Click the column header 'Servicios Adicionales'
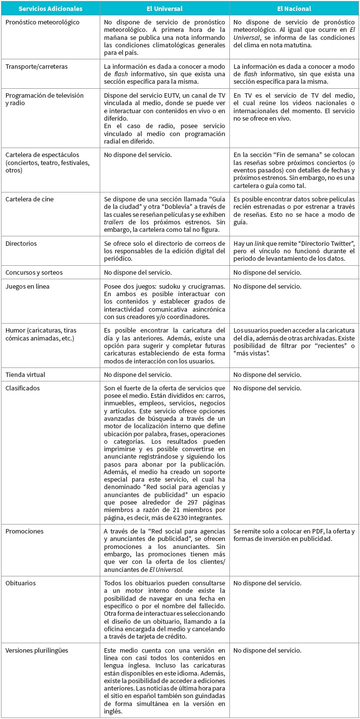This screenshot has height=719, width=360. (x=43, y=9)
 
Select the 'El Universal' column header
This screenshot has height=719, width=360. (x=164, y=9)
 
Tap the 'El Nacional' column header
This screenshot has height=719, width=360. (x=294, y=9)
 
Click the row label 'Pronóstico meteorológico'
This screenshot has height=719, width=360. (x=42, y=22)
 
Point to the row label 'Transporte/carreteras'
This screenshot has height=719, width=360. (x=36, y=66)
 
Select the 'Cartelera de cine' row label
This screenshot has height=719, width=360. (x=29, y=199)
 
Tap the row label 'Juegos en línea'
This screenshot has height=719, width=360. (x=27, y=287)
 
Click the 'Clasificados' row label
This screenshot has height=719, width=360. (x=22, y=388)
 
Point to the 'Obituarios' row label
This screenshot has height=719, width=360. (x=21, y=583)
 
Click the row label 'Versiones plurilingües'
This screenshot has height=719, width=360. (x=37, y=650)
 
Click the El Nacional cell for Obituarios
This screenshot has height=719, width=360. (x=267, y=583)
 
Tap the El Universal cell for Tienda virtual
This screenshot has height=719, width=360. (x=138, y=374)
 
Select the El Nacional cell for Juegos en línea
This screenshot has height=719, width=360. (x=267, y=287)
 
